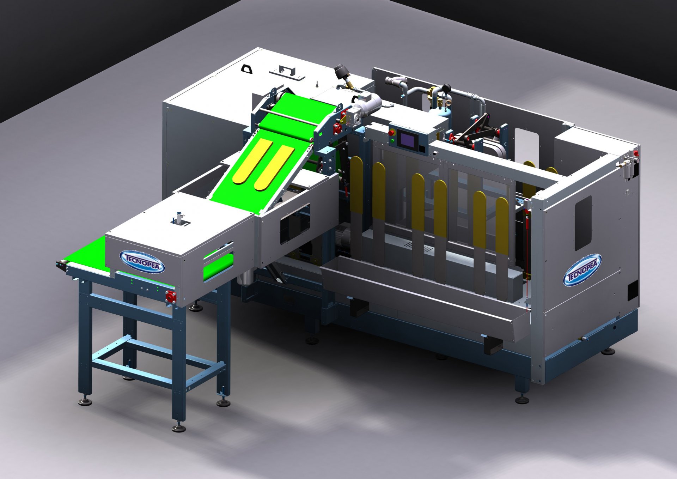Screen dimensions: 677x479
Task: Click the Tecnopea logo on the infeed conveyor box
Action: (x=142, y=262)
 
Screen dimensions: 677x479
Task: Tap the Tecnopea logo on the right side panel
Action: (x=582, y=269)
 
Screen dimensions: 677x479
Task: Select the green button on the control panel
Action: (x=392, y=140)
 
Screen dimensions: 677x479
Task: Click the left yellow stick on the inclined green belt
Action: (x=252, y=161)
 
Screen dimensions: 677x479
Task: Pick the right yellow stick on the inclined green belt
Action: (x=275, y=168)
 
